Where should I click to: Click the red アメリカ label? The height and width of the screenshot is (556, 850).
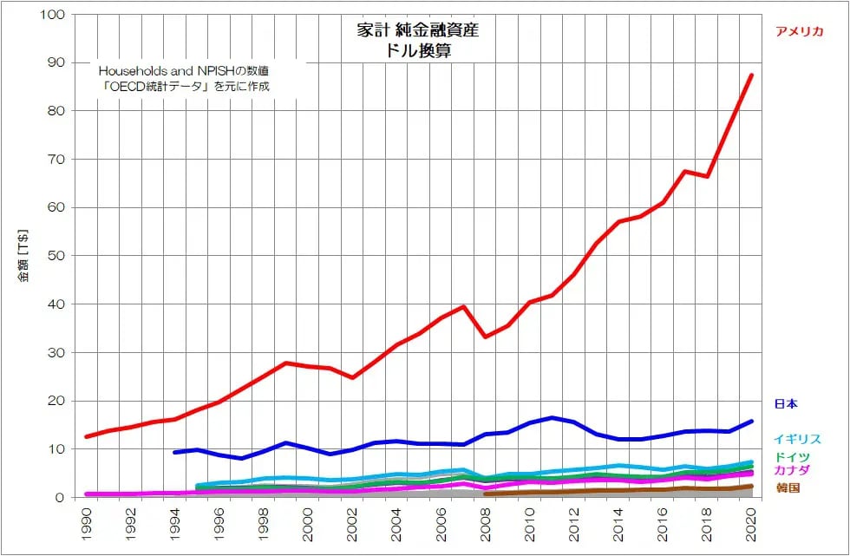(x=799, y=32)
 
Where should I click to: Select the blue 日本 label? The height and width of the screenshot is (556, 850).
(x=786, y=403)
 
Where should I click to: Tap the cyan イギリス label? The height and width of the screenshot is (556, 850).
(x=797, y=440)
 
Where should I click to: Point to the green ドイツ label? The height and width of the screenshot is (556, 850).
(x=792, y=456)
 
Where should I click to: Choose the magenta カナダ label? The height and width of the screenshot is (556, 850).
(x=792, y=470)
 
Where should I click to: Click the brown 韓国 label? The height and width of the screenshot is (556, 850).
(x=788, y=487)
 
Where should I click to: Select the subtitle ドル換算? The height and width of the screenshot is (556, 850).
(x=417, y=51)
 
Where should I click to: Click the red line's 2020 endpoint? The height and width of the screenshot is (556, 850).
(x=751, y=75)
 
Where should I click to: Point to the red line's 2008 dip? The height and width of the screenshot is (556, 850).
(x=486, y=337)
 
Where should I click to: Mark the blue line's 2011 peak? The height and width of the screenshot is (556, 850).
(x=552, y=418)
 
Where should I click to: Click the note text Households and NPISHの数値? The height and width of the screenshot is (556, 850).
(x=185, y=69)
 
